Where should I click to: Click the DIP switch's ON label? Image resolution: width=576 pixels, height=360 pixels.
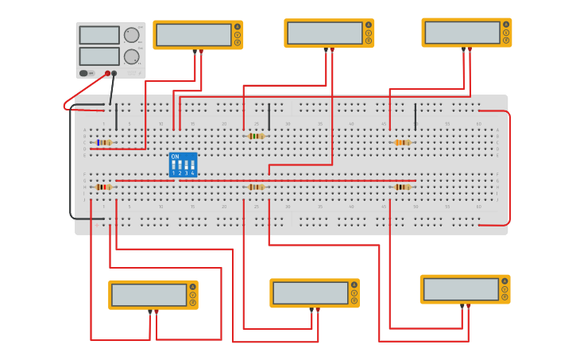tap(175, 157)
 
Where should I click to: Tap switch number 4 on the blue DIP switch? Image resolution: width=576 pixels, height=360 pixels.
tap(192, 167)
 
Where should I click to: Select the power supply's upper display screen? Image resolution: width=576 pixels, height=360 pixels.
tap(99, 35)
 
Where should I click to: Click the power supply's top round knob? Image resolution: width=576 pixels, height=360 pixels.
tap(131, 35)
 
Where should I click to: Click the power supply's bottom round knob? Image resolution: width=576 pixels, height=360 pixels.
tap(131, 56)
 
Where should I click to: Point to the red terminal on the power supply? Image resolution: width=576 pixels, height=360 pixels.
tap(107, 73)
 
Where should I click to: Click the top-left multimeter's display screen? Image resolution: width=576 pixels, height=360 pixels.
tap(193, 35)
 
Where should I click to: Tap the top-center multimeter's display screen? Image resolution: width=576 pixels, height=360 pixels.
tap(324, 33)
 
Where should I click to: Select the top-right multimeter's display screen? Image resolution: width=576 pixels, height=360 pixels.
tap(462, 33)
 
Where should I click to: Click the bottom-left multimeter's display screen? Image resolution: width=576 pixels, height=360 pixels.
tap(149, 295)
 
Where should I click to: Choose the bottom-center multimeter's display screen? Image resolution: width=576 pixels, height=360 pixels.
tap(310, 293)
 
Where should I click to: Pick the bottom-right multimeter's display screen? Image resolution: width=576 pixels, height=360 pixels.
tap(461, 289)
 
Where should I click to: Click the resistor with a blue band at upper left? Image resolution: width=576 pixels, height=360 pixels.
tap(104, 142)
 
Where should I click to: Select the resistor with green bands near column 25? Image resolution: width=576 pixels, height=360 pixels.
tap(256, 136)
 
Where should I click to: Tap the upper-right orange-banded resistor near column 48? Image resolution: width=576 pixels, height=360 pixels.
tap(402, 142)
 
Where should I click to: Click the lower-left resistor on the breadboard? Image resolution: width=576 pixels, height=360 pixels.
tap(103, 187)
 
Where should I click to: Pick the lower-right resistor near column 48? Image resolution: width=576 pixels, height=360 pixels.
tap(402, 187)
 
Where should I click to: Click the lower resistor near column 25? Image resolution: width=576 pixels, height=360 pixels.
tap(256, 187)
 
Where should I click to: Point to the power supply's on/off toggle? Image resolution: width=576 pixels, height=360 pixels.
tap(83, 73)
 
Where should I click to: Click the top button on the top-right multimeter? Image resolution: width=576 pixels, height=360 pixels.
tap(506, 25)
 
